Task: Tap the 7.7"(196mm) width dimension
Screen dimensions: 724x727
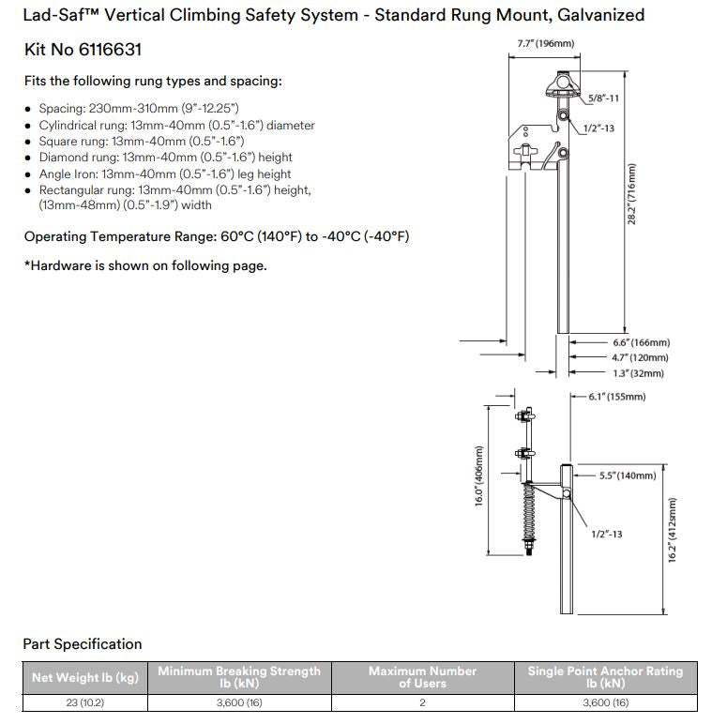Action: coord(545,44)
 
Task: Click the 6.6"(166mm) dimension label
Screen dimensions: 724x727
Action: coord(641,343)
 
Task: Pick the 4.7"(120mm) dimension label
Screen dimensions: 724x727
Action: coord(641,358)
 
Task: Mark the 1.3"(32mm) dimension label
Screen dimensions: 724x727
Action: coord(638,373)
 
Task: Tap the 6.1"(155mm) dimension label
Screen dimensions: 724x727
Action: coord(616,397)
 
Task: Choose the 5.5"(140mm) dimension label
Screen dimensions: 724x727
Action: coord(628,475)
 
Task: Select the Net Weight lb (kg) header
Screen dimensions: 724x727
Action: coord(84,678)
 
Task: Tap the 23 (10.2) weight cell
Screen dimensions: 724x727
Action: coord(84,702)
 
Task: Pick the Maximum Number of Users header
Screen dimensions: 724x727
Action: coord(422,678)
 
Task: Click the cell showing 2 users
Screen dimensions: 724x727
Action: coord(422,702)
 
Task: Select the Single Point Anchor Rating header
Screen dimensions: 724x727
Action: coord(605,678)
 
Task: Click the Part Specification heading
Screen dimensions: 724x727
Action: coord(83,644)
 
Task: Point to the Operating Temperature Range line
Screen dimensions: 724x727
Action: coord(216,236)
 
